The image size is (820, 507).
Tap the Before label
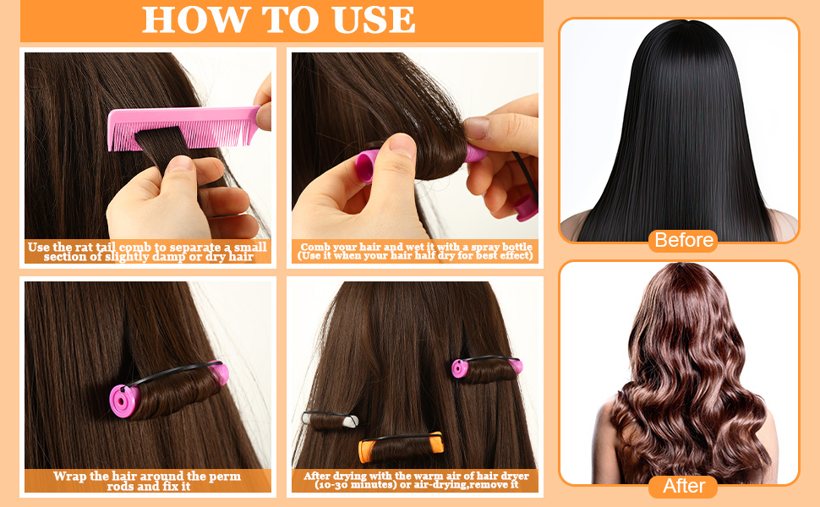click(x=683, y=240)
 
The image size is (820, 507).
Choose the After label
click(x=683, y=487)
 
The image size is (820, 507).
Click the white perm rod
click(x=331, y=418)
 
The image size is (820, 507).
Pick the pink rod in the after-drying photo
click(x=462, y=368)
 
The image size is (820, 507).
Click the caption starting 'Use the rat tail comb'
click(x=148, y=252)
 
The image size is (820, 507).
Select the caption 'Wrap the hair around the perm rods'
click(x=148, y=481)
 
